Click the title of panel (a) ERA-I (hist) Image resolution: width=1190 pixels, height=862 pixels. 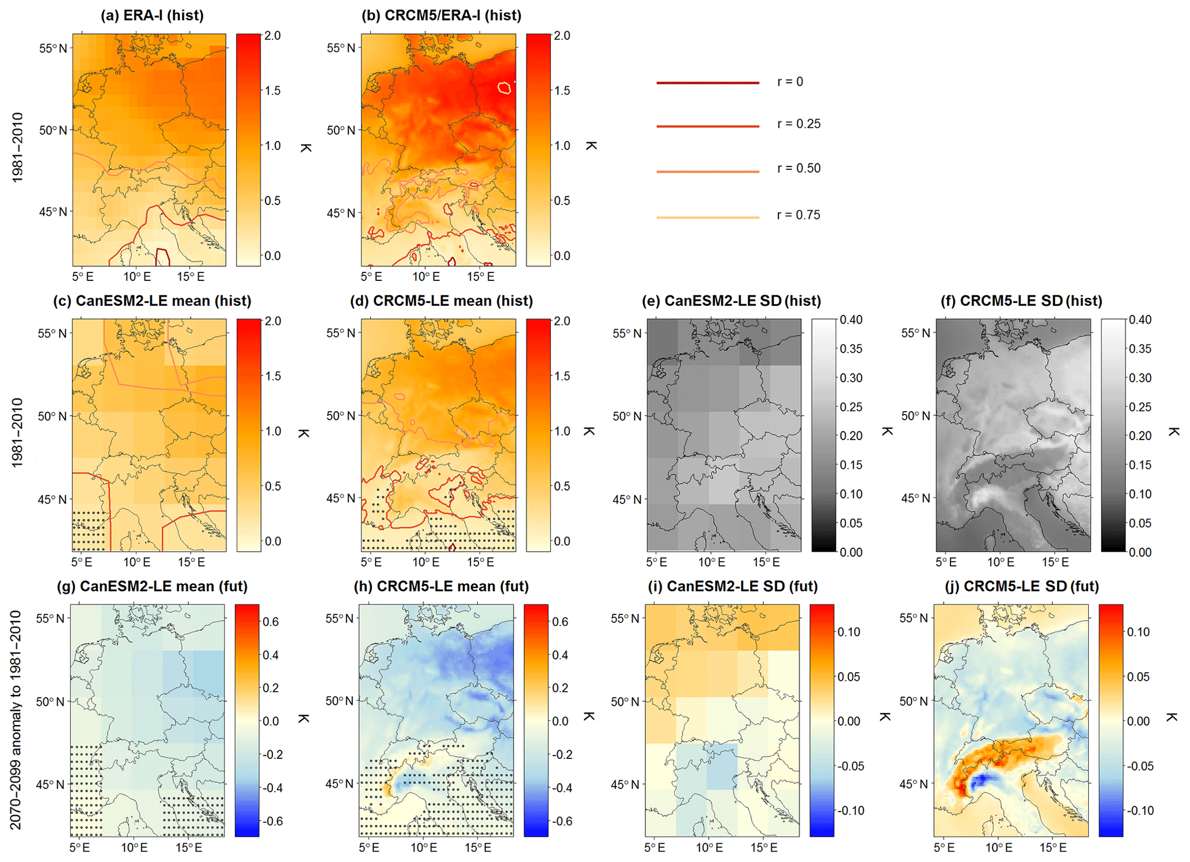[x=152, y=16]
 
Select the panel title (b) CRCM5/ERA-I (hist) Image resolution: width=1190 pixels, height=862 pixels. [x=441, y=16]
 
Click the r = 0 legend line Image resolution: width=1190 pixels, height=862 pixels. [x=708, y=83]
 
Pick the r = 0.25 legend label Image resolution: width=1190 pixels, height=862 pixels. [x=799, y=124]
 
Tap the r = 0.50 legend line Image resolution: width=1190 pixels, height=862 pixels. [x=708, y=172]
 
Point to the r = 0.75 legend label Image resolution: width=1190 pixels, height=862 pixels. [x=799, y=215]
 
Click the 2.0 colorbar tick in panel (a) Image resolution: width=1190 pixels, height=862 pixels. [x=272, y=36]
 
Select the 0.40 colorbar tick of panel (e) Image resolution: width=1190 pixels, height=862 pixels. [x=851, y=320]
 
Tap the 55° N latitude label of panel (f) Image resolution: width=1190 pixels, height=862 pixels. [x=915, y=333]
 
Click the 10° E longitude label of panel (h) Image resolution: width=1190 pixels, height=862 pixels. [x=424, y=848]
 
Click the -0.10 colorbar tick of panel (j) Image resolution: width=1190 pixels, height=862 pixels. [x=1138, y=811]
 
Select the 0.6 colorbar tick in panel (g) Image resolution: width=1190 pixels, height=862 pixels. [x=271, y=622]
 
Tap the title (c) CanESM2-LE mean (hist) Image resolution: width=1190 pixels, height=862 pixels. [x=152, y=301]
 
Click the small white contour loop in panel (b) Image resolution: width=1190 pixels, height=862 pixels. [x=504, y=88]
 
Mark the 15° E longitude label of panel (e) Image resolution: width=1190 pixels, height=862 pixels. [x=766, y=562]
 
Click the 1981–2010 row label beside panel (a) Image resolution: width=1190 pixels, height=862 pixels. [x=18, y=148]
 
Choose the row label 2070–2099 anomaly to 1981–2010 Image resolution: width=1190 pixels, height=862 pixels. [x=16, y=720]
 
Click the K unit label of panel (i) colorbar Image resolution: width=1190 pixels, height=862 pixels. [x=885, y=717]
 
